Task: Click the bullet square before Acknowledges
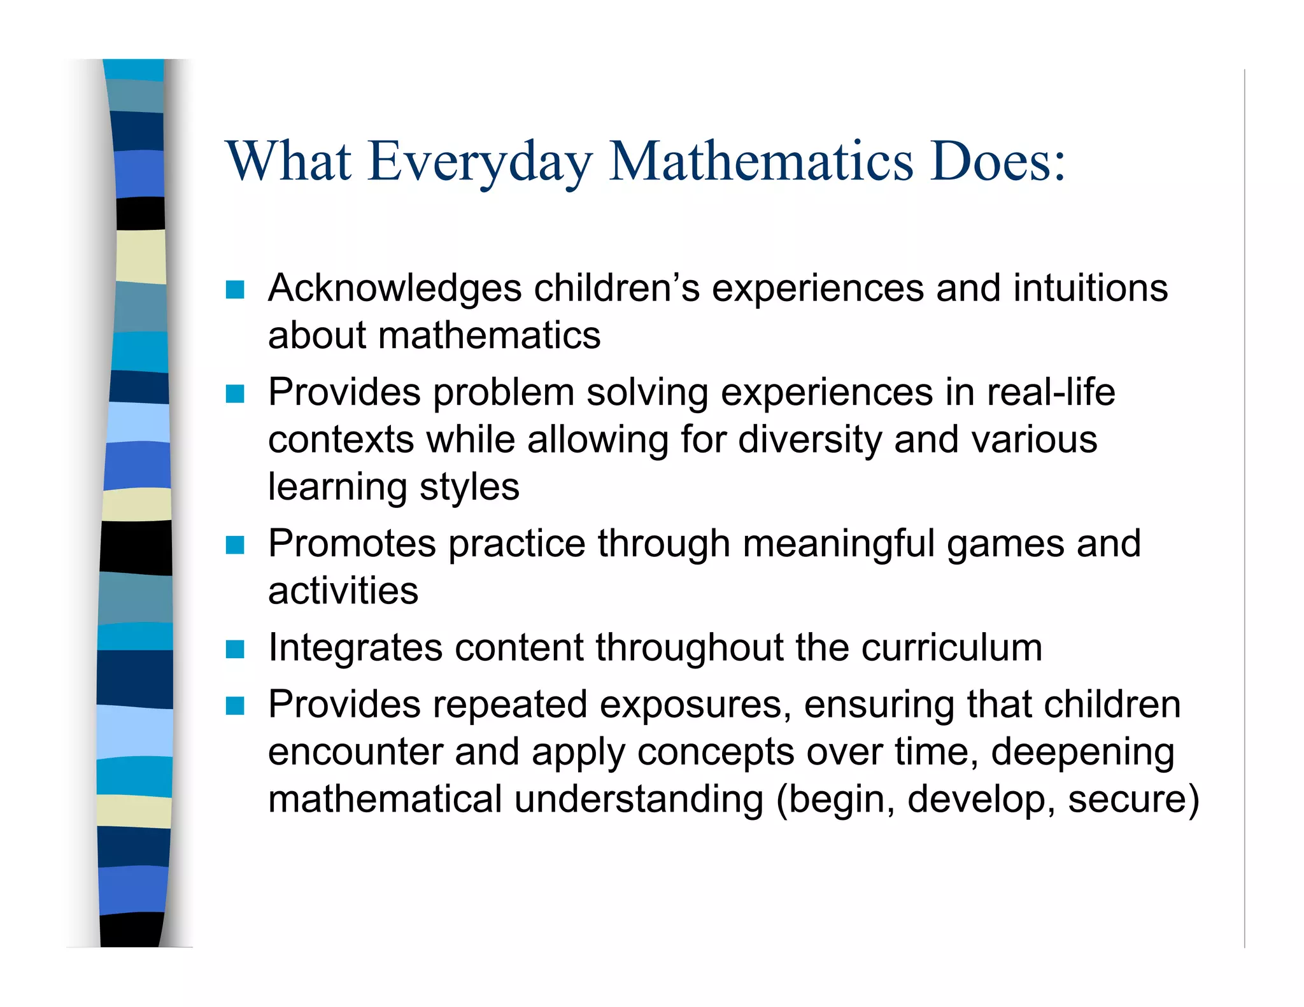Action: pos(235,290)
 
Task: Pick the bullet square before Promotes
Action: pos(235,545)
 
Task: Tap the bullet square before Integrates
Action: pos(235,649)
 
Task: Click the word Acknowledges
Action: pos(395,289)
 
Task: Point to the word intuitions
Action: pos(1090,288)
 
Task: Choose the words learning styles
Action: pos(393,488)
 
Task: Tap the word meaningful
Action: pos(839,545)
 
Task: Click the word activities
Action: pos(343,591)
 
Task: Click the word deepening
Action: pos(1082,752)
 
